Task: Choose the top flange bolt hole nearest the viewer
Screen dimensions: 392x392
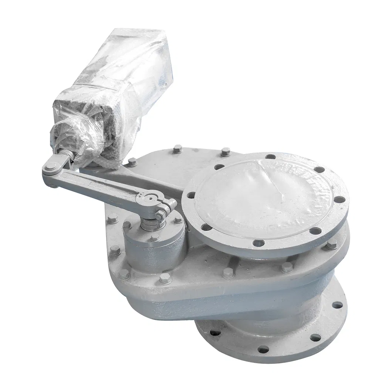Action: (x=258, y=243)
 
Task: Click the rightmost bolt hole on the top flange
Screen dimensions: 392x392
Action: (x=340, y=200)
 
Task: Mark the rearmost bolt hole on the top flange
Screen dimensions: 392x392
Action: (x=271, y=156)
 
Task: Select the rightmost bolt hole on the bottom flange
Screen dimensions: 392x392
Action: (x=337, y=305)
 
